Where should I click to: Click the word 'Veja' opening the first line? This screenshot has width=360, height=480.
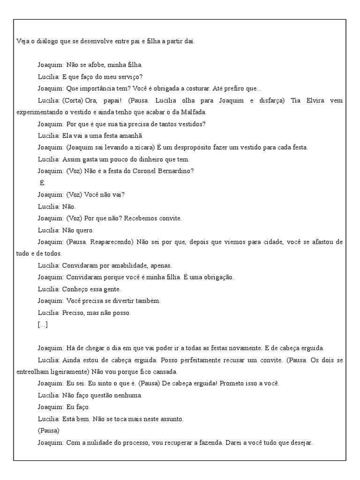[22, 41]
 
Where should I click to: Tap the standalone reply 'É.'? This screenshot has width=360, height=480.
[43, 183]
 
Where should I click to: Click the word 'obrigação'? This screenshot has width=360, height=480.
[218, 277]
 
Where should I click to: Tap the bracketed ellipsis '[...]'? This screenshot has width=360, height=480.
[43, 324]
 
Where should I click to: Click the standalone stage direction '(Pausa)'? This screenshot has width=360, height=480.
[49, 430]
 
